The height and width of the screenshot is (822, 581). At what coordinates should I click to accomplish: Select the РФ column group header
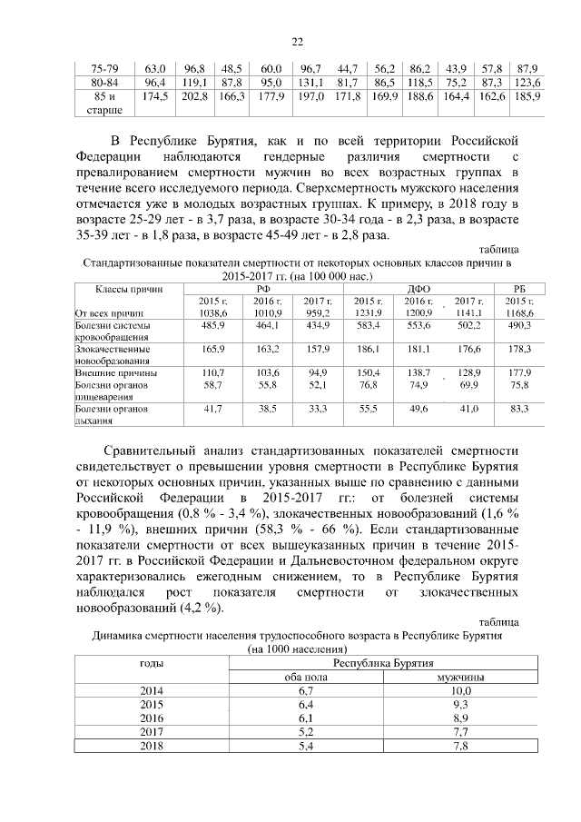(265, 287)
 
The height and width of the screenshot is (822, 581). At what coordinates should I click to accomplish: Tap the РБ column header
(518, 287)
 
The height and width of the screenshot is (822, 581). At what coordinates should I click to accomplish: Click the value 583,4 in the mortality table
(367, 324)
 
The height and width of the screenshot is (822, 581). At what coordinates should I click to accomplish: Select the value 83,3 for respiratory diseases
(518, 410)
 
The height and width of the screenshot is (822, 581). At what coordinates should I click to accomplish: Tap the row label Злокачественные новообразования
(114, 353)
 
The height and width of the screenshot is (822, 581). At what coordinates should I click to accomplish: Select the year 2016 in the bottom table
(151, 717)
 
